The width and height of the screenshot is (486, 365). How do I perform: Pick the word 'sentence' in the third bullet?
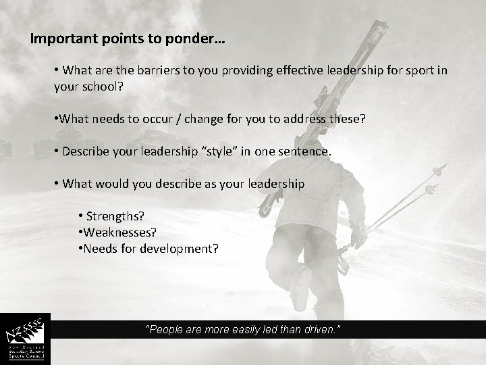click(x=305, y=151)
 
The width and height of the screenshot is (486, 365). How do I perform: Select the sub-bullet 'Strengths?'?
click(x=116, y=216)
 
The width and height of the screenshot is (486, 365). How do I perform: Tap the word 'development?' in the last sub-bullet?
click(x=182, y=248)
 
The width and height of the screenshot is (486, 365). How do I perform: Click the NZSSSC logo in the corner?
click(x=25, y=339)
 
